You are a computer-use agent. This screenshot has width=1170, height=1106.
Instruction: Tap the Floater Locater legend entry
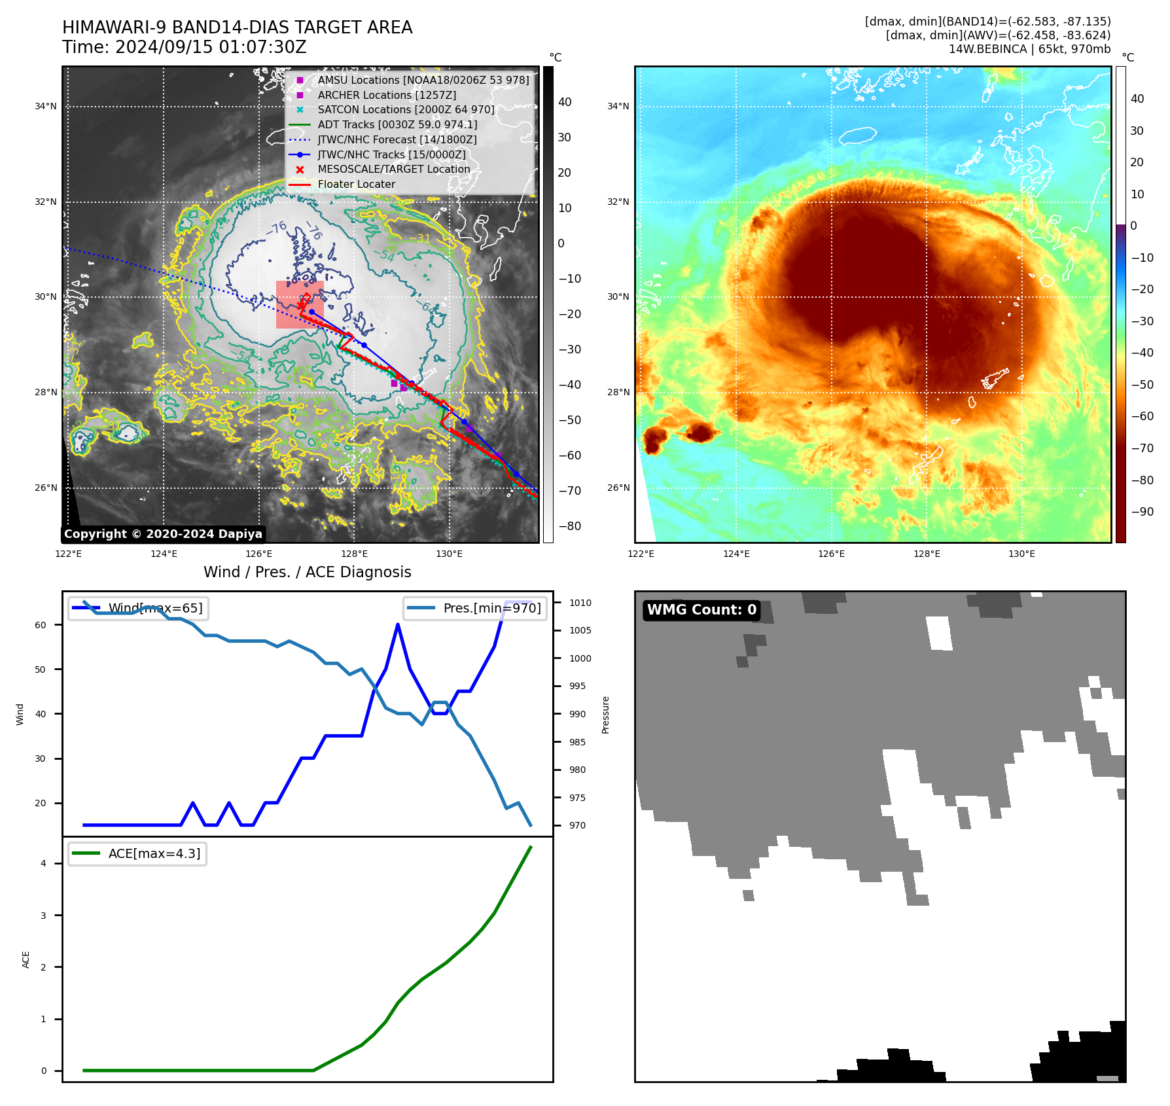[x=356, y=185]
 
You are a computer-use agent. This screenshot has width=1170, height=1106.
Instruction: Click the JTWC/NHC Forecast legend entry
[x=397, y=140]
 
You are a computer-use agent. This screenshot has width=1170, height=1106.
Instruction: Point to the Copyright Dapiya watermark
[x=163, y=534]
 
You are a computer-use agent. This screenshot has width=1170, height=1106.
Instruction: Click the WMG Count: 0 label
[x=701, y=610]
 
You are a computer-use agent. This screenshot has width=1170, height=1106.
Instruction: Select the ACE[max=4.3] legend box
[x=137, y=854]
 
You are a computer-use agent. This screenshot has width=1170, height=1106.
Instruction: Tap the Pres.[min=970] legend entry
[x=475, y=609]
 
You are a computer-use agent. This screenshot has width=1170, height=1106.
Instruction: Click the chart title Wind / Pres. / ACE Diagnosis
[x=307, y=572]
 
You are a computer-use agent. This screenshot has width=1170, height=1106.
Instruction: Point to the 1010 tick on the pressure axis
[x=580, y=603]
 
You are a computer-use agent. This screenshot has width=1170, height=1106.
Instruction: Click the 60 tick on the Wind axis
[x=41, y=625]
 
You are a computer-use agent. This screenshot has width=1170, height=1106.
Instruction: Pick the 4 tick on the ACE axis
[x=43, y=863]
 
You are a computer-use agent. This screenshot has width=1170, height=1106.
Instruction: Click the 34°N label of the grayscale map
[x=46, y=107]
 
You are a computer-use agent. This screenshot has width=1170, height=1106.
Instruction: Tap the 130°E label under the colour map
[x=1021, y=554]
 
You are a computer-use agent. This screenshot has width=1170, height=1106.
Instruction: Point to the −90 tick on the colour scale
[x=1142, y=512]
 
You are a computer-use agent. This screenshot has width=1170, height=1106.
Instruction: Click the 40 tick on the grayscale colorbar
[x=565, y=102]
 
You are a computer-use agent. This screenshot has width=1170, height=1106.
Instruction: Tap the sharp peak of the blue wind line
[x=398, y=625]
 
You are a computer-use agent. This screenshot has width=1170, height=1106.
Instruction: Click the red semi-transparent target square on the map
[x=300, y=304]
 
